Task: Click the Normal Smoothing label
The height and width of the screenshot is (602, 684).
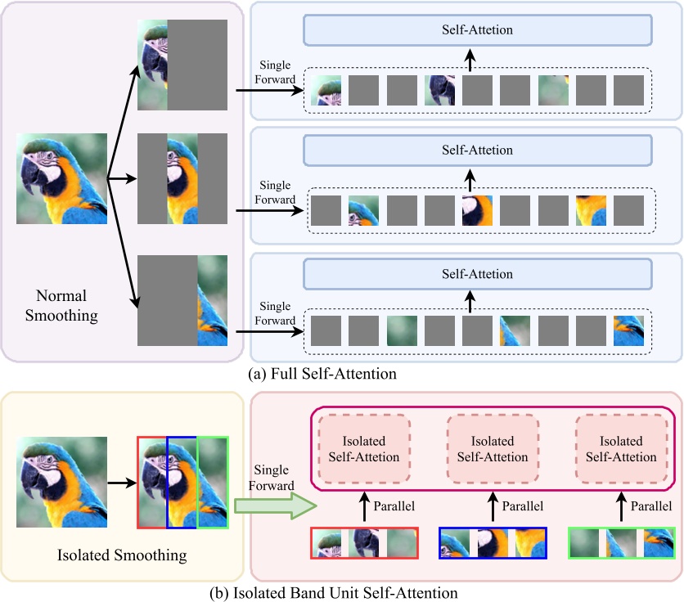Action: pyautogui.click(x=61, y=303)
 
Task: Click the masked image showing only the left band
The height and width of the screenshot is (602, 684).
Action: pyautogui.click(x=182, y=65)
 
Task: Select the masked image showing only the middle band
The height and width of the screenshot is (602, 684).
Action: pyautogui.click(x=182, y=179)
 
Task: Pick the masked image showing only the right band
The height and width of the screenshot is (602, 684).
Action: pyautogui.click(x=182, y=300)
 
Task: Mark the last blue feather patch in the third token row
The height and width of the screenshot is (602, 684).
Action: pyautogui.click(x=629, y=331)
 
